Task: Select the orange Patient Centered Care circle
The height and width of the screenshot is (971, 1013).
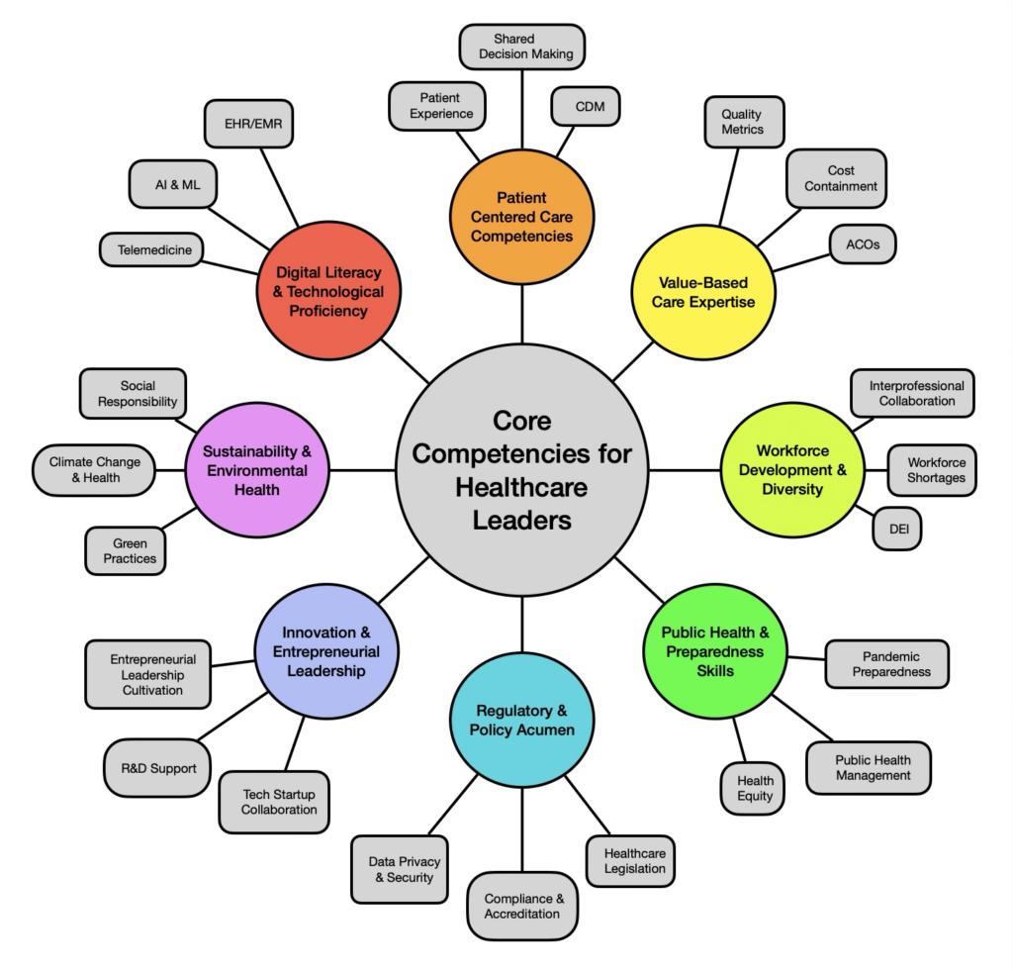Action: click(x=521, y=217)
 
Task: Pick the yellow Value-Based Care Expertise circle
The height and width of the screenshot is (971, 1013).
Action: click(x=702, y=292)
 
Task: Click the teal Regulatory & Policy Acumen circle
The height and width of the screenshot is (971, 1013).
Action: click(x=521, y=720)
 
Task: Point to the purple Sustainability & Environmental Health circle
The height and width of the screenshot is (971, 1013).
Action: click(x=256, y=469)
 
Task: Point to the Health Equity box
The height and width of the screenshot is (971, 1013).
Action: click(x=755, y=787)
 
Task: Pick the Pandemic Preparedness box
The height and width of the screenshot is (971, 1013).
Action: click(x=889, y=663)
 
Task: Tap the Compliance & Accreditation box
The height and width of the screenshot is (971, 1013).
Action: click(x=521, y=906)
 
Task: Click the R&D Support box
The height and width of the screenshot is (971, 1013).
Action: click(x=151, y=768)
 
